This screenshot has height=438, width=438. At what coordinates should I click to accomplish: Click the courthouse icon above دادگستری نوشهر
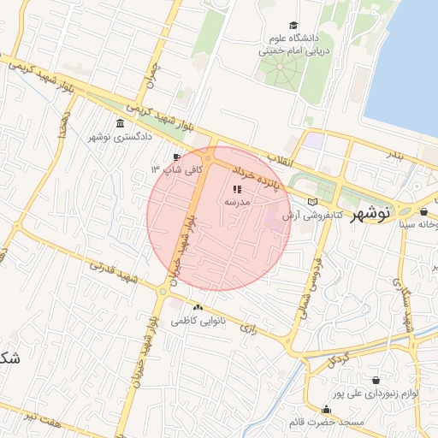[x=118, y=124]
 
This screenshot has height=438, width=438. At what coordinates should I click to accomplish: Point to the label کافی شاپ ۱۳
[x=177, y=169]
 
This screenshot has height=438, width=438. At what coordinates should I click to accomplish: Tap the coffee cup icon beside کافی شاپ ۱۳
[x=176, y=157]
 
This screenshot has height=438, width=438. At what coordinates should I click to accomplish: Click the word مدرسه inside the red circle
[x=236, y=202]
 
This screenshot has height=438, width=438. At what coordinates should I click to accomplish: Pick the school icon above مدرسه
[x=237, y=188]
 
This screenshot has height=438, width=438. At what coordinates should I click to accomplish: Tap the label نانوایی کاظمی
[x=198, y=321]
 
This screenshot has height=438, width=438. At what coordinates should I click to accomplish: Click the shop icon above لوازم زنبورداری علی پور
[x=376, y=378]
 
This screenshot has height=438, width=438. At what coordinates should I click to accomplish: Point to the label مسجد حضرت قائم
[x=327, y=421]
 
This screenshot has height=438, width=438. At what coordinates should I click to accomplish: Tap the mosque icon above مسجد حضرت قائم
[x=326, y=408]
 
